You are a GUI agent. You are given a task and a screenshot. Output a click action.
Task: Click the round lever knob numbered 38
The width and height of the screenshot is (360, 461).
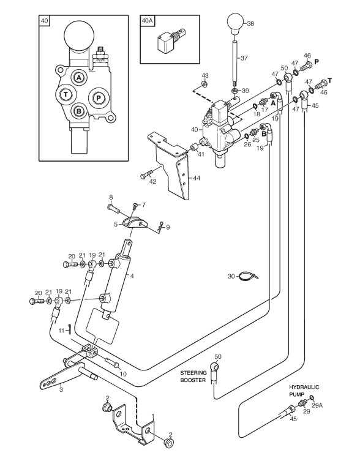(236, 23)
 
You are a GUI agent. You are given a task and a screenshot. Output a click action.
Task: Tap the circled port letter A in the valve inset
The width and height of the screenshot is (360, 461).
(78, 78)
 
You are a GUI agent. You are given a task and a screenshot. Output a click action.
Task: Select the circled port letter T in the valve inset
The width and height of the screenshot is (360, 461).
(66, 95)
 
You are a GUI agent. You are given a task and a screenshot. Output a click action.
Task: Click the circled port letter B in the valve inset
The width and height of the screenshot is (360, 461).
(78, 111)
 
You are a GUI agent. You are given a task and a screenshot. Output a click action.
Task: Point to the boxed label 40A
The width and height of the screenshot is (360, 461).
(147, 21)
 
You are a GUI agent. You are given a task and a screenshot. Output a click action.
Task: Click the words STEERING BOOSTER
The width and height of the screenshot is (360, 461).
(193, 377)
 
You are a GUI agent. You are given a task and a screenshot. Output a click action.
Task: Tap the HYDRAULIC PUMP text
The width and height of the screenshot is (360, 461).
(304, 391)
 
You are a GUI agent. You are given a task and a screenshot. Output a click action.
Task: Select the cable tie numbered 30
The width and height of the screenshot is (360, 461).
(248, 277)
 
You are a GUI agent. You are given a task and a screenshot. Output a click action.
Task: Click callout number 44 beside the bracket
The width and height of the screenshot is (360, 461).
(197, 178)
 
